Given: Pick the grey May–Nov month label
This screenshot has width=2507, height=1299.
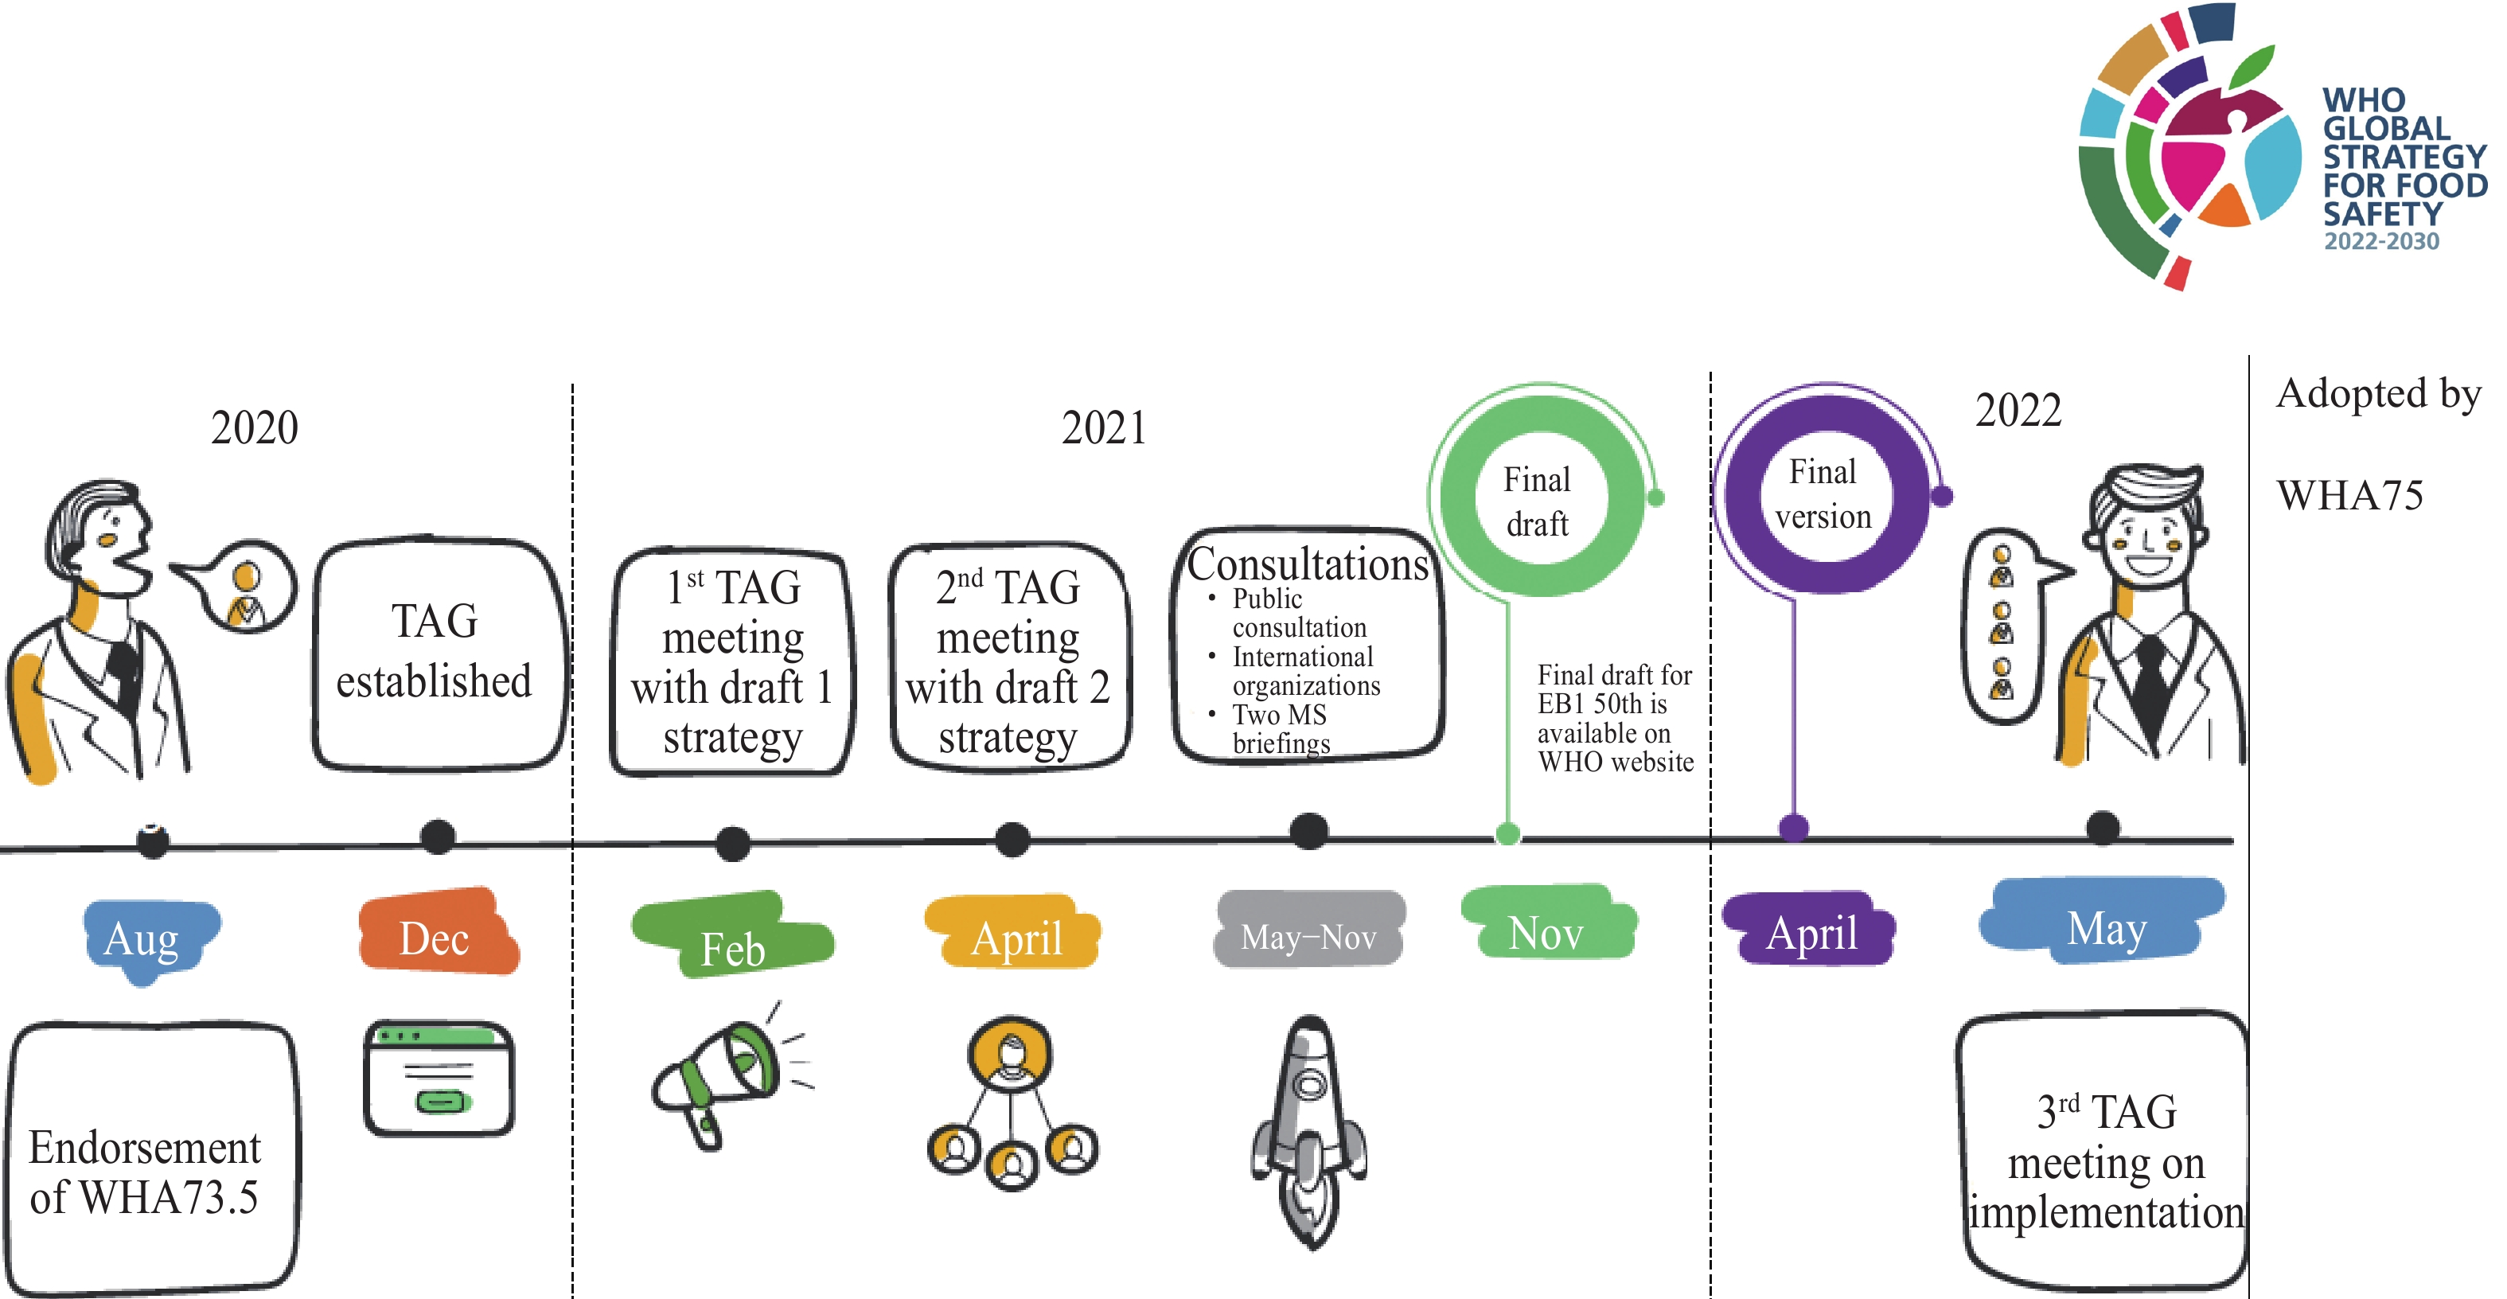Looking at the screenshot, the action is [1309, 928].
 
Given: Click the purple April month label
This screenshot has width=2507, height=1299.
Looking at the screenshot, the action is [1809, 928].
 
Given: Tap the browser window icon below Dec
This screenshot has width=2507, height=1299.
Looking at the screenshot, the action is [439, 1078].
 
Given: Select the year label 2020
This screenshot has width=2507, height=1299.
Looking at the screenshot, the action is [254, 428].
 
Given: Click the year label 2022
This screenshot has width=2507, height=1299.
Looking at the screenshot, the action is [2018, 411].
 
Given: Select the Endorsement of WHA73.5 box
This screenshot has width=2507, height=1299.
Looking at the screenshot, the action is [151, 1158].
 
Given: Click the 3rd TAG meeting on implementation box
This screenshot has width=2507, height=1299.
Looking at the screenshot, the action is [2102, 1153].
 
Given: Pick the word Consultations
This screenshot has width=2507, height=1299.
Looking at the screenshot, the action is [1307, 564].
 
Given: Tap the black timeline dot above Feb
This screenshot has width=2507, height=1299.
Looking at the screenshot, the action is [733, 844].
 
